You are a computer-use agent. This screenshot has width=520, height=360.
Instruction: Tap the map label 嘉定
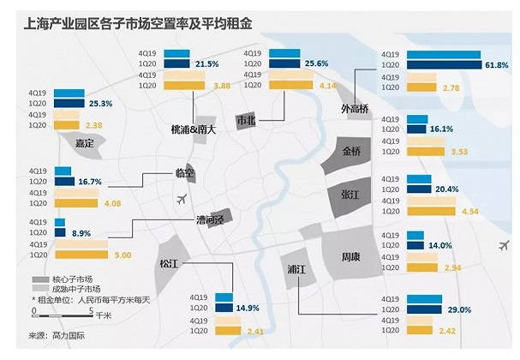pyautogui.click(x=84, y=142)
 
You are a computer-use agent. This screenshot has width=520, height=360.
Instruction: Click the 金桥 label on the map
pyautogui.click(x=352, y=152)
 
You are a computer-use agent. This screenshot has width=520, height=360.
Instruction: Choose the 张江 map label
pyautogui.click(x=349, y=195)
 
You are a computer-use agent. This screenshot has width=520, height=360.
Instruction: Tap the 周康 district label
pyautogui.click(x=351, y=255)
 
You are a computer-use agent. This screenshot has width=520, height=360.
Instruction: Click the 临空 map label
pyautogui.click(x=184, y=173)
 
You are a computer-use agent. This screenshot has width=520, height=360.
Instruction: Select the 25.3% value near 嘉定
pyautogui.click(x=99, y=104)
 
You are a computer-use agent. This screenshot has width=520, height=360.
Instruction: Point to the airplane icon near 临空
pyautogui.click(x=179, y=200)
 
